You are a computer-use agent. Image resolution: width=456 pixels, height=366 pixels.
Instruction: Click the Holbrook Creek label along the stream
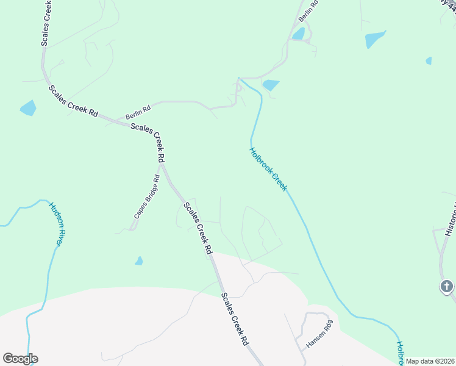pyautogui.click(x=268, y=170)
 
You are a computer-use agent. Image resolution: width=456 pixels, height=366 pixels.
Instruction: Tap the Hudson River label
pyautogui.click(x=55, y=224)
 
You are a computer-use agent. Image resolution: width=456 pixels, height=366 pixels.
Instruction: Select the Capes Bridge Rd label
pyautogui.click(x=147, y=197)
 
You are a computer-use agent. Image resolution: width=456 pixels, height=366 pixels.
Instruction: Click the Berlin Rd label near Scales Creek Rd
pyautogui.click(x=138, y=111)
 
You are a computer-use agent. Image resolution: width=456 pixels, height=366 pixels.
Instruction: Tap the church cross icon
pyautogui.click(x=447, y=286)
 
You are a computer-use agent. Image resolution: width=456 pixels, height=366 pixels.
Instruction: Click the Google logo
pyautogui.click(x=20, y=359)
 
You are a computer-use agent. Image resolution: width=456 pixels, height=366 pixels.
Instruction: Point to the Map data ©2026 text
pyautogui.click(x=429, y=361)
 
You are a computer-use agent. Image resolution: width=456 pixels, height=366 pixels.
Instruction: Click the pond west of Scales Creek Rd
pyautogui.click(x=28, y=108)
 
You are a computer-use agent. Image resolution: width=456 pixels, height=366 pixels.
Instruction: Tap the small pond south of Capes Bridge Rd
pyautogui.click(x=139, y=261)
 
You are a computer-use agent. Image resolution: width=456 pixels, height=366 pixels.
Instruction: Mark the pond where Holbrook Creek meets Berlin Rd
pyautogui.click(x=270, y=85)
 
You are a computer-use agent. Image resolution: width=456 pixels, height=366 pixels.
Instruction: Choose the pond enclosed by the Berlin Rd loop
pyautogui.click(x=298, y=34)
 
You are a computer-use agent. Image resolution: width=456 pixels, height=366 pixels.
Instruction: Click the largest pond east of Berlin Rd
pyautogui.click(x=375, y=39)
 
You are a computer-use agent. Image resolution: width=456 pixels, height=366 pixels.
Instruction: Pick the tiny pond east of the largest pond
pyautogui.click(x=429, y=61)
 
